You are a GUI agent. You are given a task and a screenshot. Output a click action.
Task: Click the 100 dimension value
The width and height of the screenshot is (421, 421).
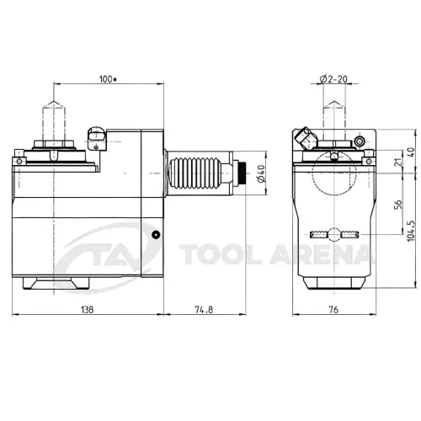tap(108, 79)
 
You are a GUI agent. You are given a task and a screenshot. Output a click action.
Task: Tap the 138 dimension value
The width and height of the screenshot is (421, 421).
tap(87, 310)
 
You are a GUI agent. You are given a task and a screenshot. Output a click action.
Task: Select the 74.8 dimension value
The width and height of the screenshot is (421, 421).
tap(204, 310)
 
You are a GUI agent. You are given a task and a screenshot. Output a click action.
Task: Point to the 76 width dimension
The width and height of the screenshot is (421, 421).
tap(333, 310)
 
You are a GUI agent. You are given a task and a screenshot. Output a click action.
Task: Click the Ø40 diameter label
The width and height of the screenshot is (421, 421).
tap(261, 173)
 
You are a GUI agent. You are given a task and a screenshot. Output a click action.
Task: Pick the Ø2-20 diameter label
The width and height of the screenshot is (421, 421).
tap(333, 79)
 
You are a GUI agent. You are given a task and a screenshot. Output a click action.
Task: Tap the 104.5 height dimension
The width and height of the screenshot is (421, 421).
tap(411, 230)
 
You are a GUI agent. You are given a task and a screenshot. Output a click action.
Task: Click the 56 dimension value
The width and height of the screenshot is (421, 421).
tap(398, 205)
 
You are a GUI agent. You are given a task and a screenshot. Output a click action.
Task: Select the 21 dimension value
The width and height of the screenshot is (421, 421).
tap(398, 163)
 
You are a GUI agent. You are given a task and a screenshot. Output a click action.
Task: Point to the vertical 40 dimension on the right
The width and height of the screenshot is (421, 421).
tap(411, 152)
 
